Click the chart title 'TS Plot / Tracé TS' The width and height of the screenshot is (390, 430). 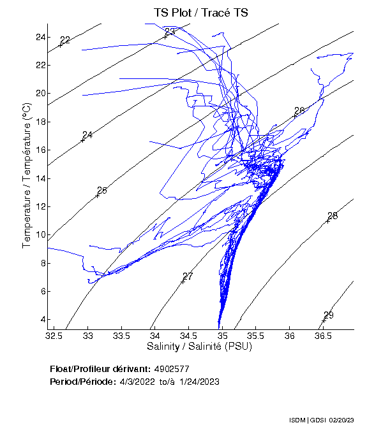[x=200, y=13]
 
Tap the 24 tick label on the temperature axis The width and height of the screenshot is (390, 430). [x=40, y=37]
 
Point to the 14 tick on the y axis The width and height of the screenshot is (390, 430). [x=40, y=178]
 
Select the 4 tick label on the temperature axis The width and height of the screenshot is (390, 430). [x=42, y=320]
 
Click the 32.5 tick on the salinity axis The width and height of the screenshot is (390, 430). [x=55, y=335]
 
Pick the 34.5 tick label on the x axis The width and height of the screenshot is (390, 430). [x=189, y=335]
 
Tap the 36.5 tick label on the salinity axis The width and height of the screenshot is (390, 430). [x=323, y=335]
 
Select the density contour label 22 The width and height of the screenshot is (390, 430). [x=64, y=40]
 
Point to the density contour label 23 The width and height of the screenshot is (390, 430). [x=170, y=32]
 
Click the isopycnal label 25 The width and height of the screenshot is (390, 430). [x=102, y=190]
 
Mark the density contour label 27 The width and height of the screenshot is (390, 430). [x=188, y=276]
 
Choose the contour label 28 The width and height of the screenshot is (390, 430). [x=332, y=216]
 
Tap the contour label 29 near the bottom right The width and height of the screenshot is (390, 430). [x=329, y=315]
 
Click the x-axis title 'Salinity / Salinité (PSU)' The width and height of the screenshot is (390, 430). [x=199, y=347]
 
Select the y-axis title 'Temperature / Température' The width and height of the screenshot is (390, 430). [x=27, y=176]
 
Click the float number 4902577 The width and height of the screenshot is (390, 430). [x=171, y=369]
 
